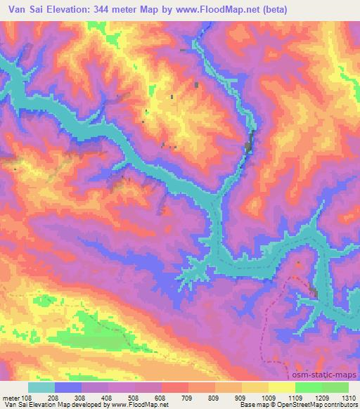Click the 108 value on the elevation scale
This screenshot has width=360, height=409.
(x=27, y=397)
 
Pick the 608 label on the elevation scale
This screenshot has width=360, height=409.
(x=162, y=397)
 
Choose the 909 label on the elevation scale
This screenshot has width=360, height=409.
(x=241, y=397)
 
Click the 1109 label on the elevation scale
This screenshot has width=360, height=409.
(x=295, y=397)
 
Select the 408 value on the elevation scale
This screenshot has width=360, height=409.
(x=108, y=397)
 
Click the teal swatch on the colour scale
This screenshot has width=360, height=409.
(x=41, y=387)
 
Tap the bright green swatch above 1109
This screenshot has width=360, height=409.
(x=309, y=387)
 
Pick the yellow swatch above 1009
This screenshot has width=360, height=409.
(x=255, y=387)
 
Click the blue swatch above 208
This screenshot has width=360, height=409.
(x=68, y=387)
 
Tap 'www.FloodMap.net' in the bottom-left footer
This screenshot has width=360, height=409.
(x=135, y=405)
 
